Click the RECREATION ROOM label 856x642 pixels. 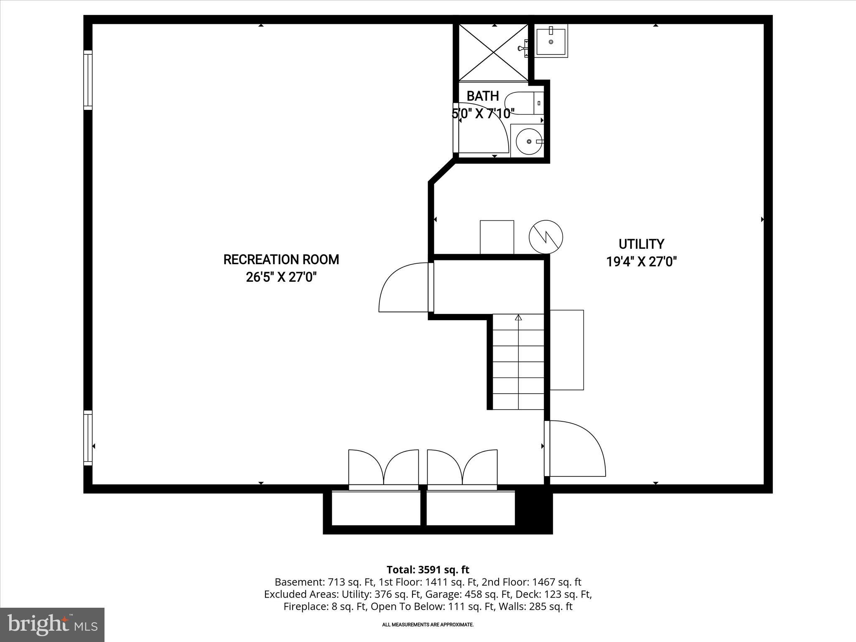pos(281,260)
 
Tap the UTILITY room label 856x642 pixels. pos(641,244)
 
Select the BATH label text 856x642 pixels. pos(483,96)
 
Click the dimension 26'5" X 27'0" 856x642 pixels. pos(281,277)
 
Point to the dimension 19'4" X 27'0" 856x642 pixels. pos(641,262)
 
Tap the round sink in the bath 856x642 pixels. pos(529,142)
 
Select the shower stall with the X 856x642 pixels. pos(494,53)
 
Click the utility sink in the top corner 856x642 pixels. pos(551,41)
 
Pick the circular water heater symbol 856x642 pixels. pos(545,237)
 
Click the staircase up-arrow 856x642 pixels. pos(518,318)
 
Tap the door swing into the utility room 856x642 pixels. pos(577,449)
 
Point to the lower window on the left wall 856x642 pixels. pos(88,438)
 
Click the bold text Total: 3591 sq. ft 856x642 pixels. pos(428,570)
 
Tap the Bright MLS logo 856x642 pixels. pos(52,624)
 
